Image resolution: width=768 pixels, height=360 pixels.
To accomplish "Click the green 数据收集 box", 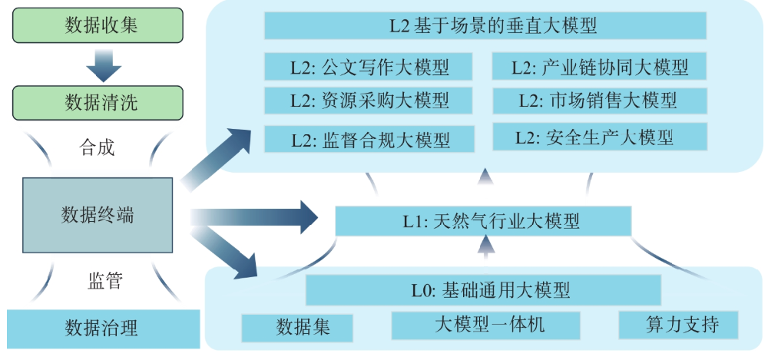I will [x=98, y=25].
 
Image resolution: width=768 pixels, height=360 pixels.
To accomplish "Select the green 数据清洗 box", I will [x=98, y=102].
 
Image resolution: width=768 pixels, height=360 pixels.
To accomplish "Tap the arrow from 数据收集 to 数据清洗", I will [x=104, y=64].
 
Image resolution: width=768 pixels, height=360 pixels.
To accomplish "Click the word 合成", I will [x=97, y=147].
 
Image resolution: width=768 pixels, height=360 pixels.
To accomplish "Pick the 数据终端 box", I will [x=98, y=215].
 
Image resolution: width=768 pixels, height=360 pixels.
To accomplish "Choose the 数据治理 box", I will [x=102, y=328].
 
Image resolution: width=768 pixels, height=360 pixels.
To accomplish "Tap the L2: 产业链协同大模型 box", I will [x=600, y=67].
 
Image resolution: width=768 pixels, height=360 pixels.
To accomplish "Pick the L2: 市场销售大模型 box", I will [x=600, y=101].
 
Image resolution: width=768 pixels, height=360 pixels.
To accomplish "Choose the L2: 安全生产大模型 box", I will [x=600, y=137].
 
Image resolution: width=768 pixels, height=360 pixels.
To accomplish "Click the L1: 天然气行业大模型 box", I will [x=483, y=221].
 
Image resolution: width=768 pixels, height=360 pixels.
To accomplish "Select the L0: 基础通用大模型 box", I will [x=483, y=290].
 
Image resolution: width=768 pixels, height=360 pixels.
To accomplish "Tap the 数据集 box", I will [x=297, y=327].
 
